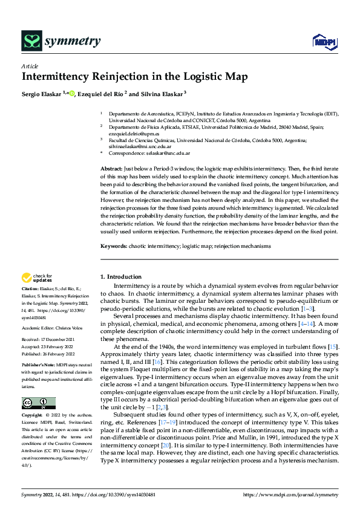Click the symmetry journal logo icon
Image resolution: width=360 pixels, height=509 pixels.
(31, 41)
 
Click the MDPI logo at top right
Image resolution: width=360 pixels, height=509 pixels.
(324, 41)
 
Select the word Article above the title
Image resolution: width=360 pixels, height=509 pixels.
(30, 66)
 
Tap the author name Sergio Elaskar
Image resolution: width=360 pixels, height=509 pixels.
(42, 94)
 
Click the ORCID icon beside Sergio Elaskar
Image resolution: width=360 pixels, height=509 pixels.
(72, 93)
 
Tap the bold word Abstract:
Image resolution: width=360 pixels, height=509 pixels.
(112, 167)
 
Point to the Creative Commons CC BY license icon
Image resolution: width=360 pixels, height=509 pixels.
(38, 403)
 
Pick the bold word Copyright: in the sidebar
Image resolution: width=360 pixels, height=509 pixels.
(33, 416)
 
